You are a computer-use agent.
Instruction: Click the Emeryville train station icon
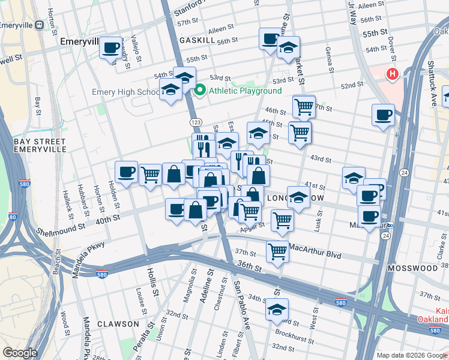tap(39, 25)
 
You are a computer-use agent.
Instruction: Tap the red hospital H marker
tap(392, 75)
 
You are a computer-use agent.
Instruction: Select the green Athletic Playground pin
tap(200, 91)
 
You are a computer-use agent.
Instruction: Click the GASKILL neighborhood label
tap(197, 39)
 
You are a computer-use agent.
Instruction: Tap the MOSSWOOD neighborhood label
tap(411, 268)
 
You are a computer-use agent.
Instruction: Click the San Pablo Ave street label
tap(242, 297)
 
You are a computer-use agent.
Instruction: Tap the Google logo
tap(20, 352)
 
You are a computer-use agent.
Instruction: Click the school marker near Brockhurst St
tap(277, 310)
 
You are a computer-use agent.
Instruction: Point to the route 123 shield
tap(196, 122)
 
